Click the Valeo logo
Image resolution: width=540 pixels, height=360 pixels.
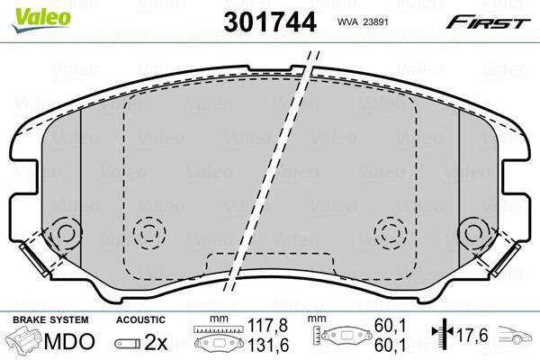click(x=41, y=19)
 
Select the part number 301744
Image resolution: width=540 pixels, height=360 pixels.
click(x=270, y=22)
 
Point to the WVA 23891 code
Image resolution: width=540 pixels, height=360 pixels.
click(x=363, y=22)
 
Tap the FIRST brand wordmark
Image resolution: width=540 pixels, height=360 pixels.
click(x=488, y=22)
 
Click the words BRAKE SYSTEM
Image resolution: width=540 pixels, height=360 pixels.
click(x=50, y=319)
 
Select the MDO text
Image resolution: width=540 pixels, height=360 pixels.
click(x=69, y=341)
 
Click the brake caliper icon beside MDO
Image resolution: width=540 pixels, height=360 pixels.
click(x=25, y=341)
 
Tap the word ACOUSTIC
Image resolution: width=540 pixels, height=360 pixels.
click(x=140, y=319)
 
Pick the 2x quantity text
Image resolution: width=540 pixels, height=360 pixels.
click(x=156, y=342)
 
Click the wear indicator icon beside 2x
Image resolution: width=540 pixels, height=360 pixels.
click(x=128, y=344)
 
